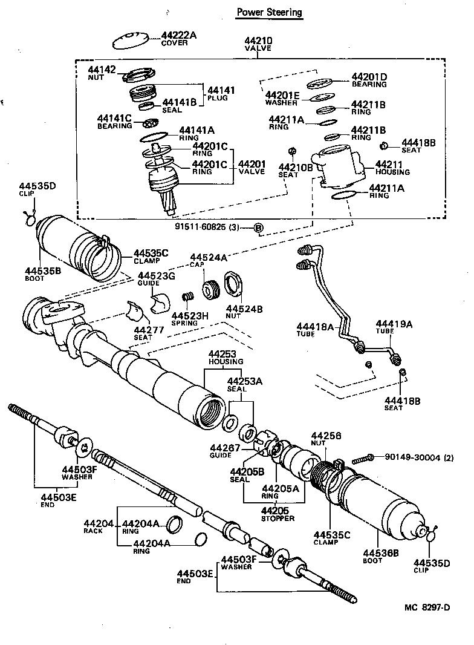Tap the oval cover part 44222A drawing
pyautogui.click(x=131, y=41)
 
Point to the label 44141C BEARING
pyautogui.click(x=115, y=122)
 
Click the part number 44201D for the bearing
pyautogui.click(x=369, y=77)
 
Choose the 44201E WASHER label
pyautogui.click(x=282, y=99)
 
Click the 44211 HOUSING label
pyautogui.click(x=392, y=168)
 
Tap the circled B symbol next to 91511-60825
pyautogui.click(x=258, y=228)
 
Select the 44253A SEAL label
pyautogui.click(x=245, y=385)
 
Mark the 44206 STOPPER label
pyautogui.click(x=278, y=514)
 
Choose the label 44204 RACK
pyautogui.click(x=99, y=526)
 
